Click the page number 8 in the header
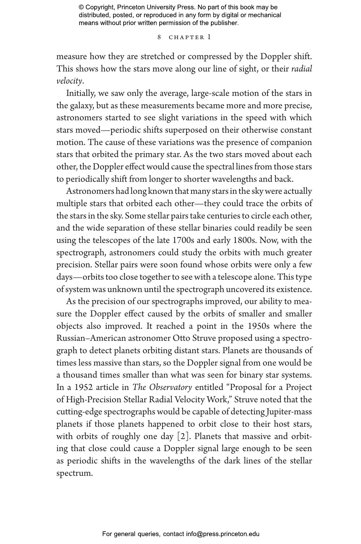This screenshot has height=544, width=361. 159,37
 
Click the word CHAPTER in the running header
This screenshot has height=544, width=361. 187,37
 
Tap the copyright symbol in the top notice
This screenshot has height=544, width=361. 81,7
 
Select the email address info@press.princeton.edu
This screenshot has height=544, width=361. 222,534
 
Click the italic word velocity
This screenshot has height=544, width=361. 69,81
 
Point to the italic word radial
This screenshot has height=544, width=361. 301,69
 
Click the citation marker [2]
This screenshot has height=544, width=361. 183,436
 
